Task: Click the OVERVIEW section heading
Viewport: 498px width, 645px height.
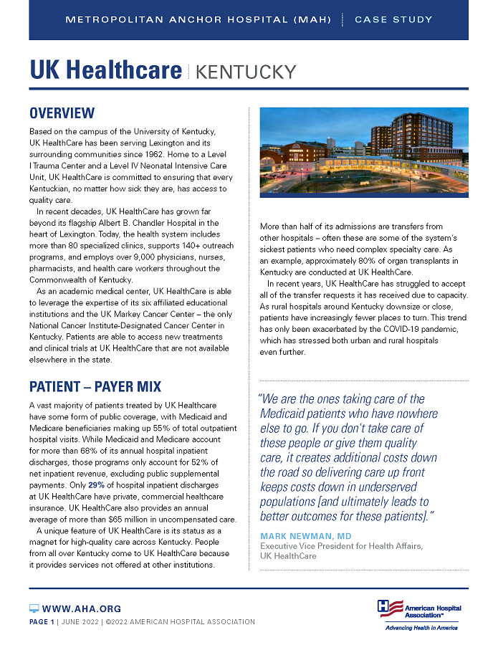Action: coord(62,113)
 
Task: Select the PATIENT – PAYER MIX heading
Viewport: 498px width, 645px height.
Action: coord(95,388)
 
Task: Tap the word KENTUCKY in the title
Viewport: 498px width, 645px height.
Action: coord(245,72)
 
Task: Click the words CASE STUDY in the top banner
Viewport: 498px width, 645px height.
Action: coord(393,19)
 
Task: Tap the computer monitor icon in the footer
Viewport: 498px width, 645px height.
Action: coord(34,608)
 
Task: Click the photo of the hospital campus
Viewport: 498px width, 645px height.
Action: coord(363,152)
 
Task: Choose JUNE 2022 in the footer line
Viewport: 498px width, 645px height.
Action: coord(79,622)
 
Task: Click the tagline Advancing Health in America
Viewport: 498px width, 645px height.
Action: coord(421,627)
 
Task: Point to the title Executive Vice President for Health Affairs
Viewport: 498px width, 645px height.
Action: coord(340,546)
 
